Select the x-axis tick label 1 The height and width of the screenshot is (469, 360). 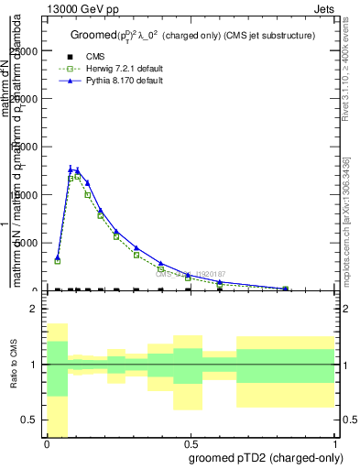pos(335,443)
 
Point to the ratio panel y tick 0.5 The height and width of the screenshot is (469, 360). pos(33,420)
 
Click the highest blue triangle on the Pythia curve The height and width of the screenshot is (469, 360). pos(71,169)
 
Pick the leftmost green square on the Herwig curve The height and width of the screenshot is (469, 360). pos(58,261)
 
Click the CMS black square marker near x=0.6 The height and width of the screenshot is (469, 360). pos(220,289)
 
